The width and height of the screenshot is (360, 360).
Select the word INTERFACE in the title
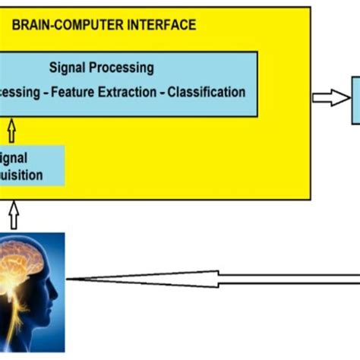tap(161, 26)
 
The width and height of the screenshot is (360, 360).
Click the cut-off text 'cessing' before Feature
tap(20, 93)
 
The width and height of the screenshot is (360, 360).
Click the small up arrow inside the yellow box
tap(11, 127)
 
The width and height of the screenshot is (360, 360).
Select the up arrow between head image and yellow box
tap(12, 213)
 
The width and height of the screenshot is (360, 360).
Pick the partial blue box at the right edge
tap(355, 100)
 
